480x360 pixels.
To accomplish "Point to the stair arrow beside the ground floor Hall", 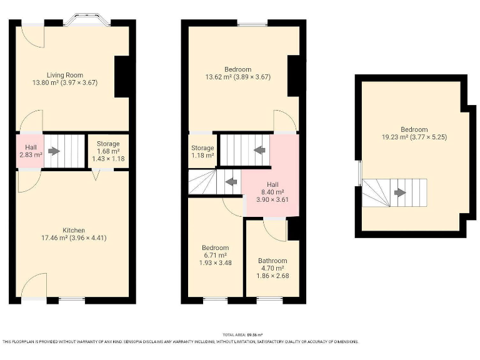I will (x=54, y=151).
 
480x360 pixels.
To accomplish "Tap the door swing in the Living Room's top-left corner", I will (x=31, y=36).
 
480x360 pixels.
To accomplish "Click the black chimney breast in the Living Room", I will (x=122, y=76).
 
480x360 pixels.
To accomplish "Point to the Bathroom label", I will (x=272, y=261).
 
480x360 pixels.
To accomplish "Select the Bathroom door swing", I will (x=274, y=229).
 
